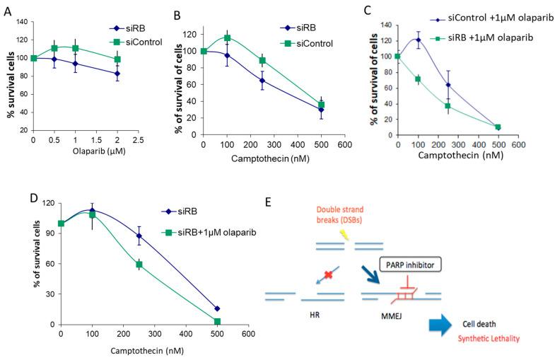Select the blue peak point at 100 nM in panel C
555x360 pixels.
[x=418, y=40]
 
